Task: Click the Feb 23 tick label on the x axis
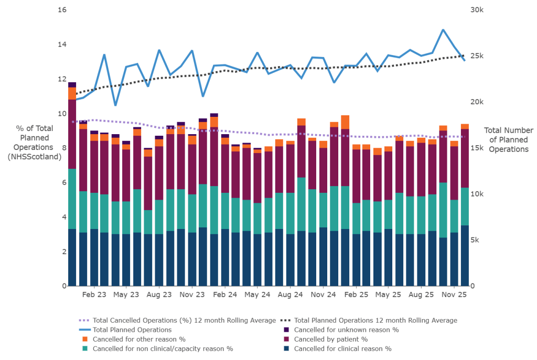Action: [x=94, y=294]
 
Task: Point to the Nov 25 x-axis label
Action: [x=455, y=294]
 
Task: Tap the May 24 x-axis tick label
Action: [x=257, y=294]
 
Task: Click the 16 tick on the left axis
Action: [x=61, y=10]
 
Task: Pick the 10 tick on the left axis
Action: [x=61, y=114]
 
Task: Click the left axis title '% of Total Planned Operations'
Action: [x=35, y=143]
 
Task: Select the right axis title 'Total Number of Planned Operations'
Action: [x=508, y=139]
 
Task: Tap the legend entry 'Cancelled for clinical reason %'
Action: [x=342, y=348]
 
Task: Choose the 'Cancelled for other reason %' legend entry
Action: [x=138, y=339]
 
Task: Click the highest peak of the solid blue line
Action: [x=443, y=30]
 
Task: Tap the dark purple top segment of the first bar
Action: [x=72, y=85]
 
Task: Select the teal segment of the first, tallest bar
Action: [x=72, y=199]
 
